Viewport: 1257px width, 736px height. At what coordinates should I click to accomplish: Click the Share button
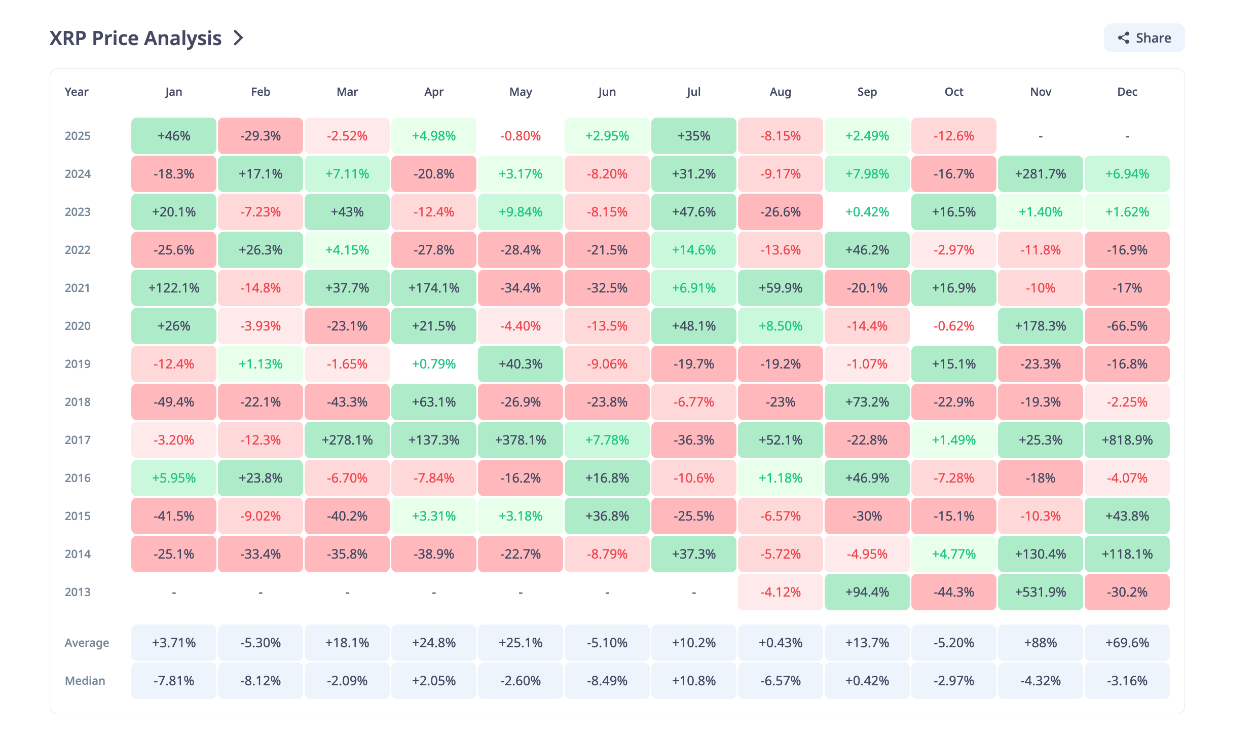coord(1144,38)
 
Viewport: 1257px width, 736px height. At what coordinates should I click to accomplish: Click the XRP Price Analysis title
coord(135,39)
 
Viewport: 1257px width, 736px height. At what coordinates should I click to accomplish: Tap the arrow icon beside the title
coord(238,38)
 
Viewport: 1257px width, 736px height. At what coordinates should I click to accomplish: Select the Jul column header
coord(693,92)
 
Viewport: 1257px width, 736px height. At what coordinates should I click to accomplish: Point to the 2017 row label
coord(78,440)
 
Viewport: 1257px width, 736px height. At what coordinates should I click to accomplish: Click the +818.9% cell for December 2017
coord(1127,440)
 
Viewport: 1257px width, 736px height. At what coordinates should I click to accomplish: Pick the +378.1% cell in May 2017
coord(521,440)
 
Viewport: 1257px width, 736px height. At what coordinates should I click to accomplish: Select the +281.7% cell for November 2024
coord(1040,174)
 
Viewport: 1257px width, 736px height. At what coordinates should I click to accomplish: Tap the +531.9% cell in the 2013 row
coord(1040,592)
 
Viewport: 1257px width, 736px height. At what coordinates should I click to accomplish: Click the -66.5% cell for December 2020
coord(1127,326)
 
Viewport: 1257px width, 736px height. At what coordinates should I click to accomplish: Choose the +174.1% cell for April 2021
coord(434,288)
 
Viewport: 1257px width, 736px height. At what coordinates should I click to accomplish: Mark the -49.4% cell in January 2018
coord(174,402)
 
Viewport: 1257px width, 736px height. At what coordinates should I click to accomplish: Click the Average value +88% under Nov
coord(1040,643)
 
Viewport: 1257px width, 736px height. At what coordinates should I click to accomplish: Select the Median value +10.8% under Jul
coord(693,681)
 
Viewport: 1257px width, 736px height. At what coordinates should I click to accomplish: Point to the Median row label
coord(85,681)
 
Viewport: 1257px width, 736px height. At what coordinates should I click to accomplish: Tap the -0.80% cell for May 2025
coord(521,136)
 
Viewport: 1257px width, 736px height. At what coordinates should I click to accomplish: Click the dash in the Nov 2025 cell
coord(1040,136)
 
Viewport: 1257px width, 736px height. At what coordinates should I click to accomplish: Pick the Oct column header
coord(953,92)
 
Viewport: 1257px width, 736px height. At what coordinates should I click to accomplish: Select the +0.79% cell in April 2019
coord(434,364)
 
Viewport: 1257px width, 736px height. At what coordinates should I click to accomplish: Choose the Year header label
coord(77,92)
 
